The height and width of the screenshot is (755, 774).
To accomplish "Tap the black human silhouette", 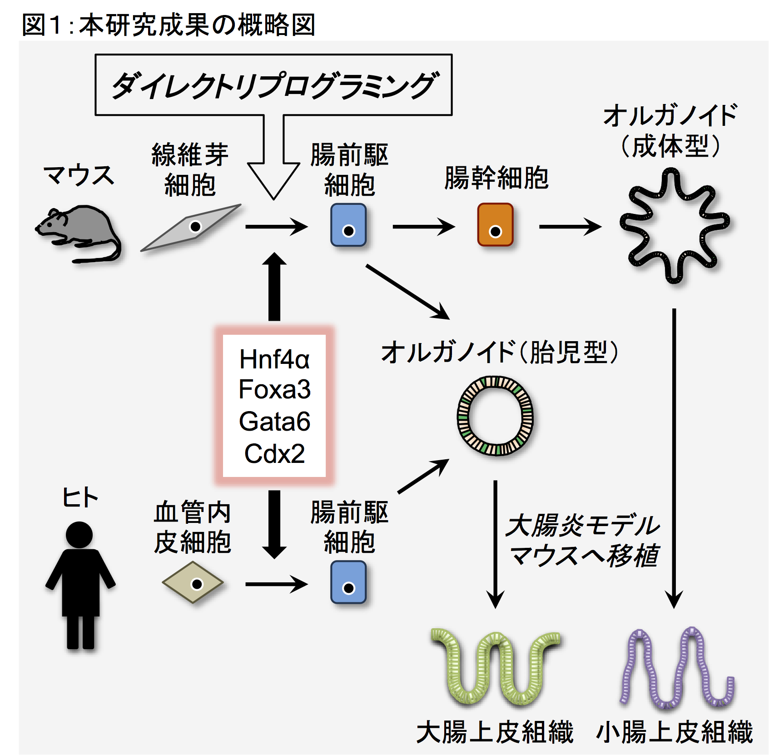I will [80, 586].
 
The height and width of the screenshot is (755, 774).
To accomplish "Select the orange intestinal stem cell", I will [495, 224].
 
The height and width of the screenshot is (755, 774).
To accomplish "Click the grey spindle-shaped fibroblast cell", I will [191, 227].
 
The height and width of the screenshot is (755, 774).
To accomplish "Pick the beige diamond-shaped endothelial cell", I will [193, 582].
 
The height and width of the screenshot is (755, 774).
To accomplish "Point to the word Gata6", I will [274, 421].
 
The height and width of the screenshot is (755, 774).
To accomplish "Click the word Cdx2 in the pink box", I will [274, 453].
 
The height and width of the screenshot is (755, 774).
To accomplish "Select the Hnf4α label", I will [274, 359].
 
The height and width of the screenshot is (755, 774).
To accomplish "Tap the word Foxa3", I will [274, 389].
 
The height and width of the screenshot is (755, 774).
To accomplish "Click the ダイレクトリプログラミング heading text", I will [274, 85].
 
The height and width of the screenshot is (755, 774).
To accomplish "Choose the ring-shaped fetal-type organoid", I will [495, 416].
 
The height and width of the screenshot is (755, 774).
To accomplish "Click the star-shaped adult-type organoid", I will [675, 225].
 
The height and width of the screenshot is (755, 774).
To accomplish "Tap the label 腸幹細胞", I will [496, 178].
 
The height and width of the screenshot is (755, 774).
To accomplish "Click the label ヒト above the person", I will [80, 498].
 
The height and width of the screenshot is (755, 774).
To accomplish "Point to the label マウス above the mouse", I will [79, 175].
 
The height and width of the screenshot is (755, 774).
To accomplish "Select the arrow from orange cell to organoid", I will [570, 226].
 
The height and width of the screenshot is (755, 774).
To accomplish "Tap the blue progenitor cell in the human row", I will [348, 582].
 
